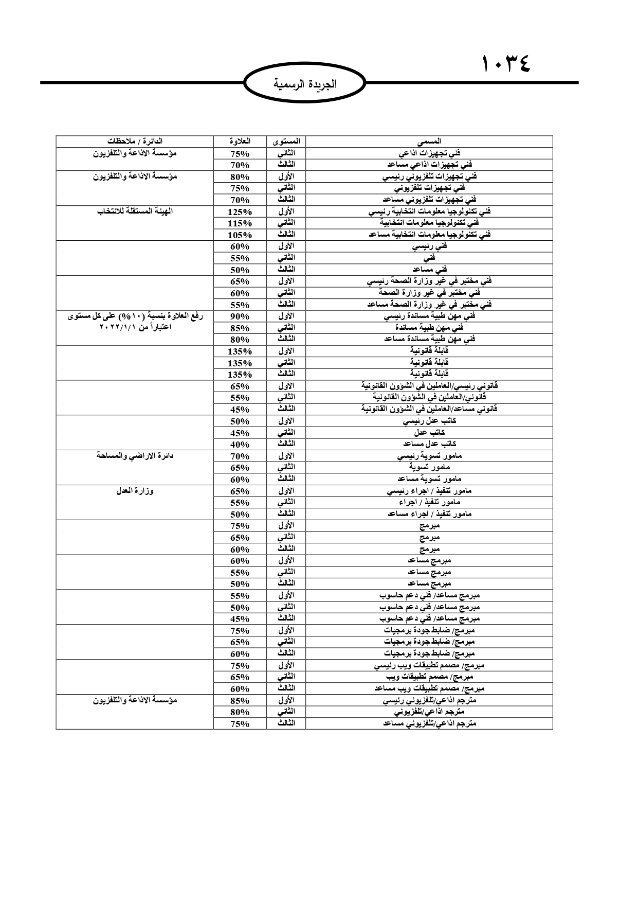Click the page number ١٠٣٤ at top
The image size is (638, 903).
click(x=506, y=65)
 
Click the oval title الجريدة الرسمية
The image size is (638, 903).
click(x=305, y=84)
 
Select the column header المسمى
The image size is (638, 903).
click(x=429, y=141)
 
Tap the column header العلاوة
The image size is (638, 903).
click(x=240, y=141)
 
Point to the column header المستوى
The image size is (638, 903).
click(x=286, y=141)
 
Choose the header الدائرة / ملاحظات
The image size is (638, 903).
click(x=135, y=141)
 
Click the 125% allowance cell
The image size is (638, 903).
click(x=240, y=211)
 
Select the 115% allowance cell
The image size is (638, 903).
click(x=240, y=223)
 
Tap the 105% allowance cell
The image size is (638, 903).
click(x=240, y=235)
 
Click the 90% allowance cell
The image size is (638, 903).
click(x=240, y=316)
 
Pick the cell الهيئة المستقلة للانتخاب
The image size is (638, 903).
click(x=135, y=211)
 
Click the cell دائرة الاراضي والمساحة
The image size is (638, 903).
click(x=135, y=455)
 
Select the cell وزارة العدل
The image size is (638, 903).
click(x=135, y=491)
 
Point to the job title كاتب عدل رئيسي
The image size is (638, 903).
click(x=429, y=421)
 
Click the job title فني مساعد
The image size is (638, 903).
click(x=429, y=270)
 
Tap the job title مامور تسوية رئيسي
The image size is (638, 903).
click(x=429, y=456)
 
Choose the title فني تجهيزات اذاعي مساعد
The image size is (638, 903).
click(x=429, y=165)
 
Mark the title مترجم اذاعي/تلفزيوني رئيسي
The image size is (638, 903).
click(x=429, y=700)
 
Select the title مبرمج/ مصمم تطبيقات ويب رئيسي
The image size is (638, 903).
click(x=429, y=665)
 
